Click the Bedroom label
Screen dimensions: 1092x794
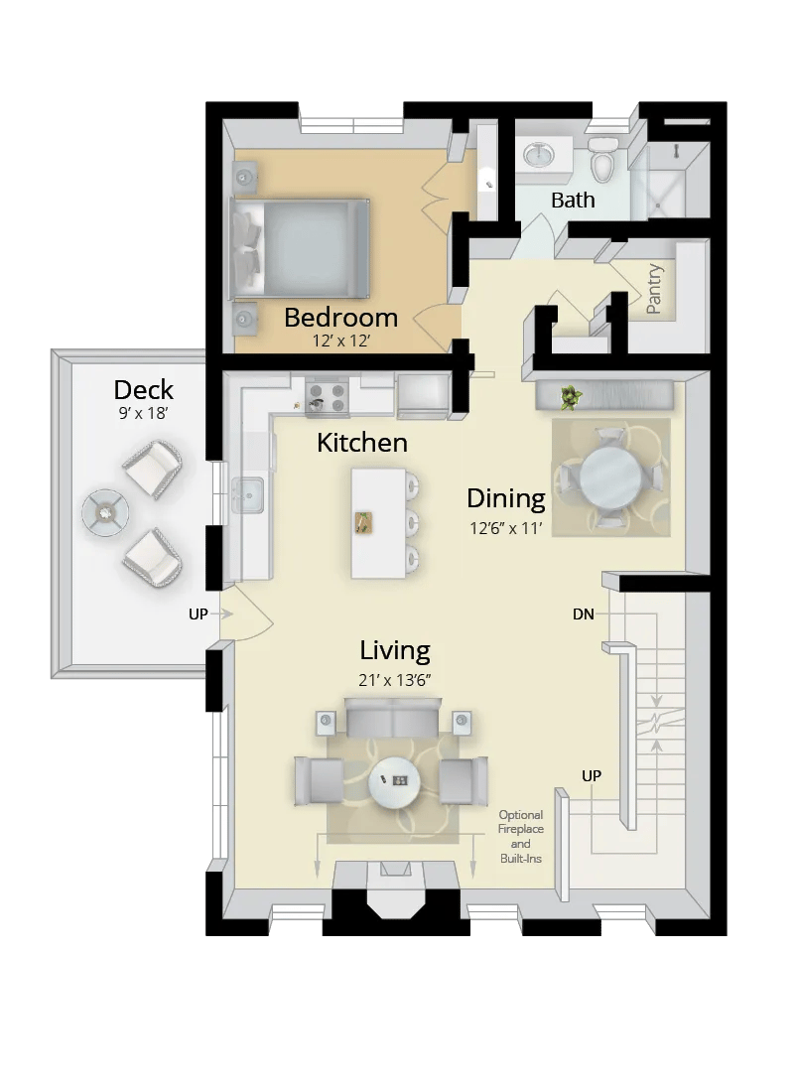340,318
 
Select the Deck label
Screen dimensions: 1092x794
144,389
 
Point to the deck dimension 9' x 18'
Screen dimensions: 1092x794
144,412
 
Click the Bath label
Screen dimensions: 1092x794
573,200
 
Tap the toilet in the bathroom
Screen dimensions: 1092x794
602,159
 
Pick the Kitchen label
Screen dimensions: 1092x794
361,443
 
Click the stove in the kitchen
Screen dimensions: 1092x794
329,396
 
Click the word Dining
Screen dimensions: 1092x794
506,498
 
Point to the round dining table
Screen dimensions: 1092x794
610,478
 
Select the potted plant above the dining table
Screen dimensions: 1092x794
570,398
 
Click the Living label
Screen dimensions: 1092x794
394,651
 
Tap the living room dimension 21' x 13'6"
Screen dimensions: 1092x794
394,680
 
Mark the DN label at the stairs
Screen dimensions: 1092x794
584,614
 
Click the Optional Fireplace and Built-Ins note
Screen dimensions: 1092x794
521,836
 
